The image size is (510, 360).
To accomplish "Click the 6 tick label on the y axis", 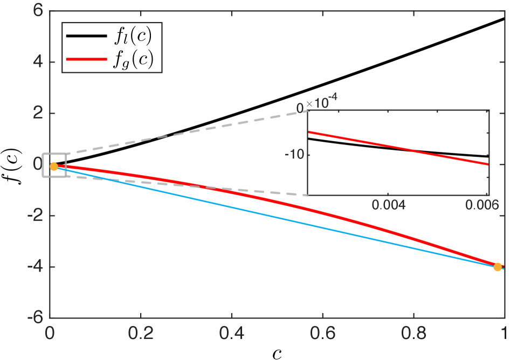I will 38,10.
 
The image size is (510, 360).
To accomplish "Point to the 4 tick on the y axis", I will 38,62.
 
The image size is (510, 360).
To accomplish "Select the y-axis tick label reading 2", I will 38,113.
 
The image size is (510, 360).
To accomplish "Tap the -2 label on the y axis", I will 35,216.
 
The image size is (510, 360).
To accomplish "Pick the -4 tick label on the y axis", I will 35,267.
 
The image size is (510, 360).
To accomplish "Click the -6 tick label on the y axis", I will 35,317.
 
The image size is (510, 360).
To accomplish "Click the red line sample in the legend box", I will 86,59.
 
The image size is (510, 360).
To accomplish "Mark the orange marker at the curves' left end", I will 54,167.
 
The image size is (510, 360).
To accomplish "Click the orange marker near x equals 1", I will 498,267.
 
